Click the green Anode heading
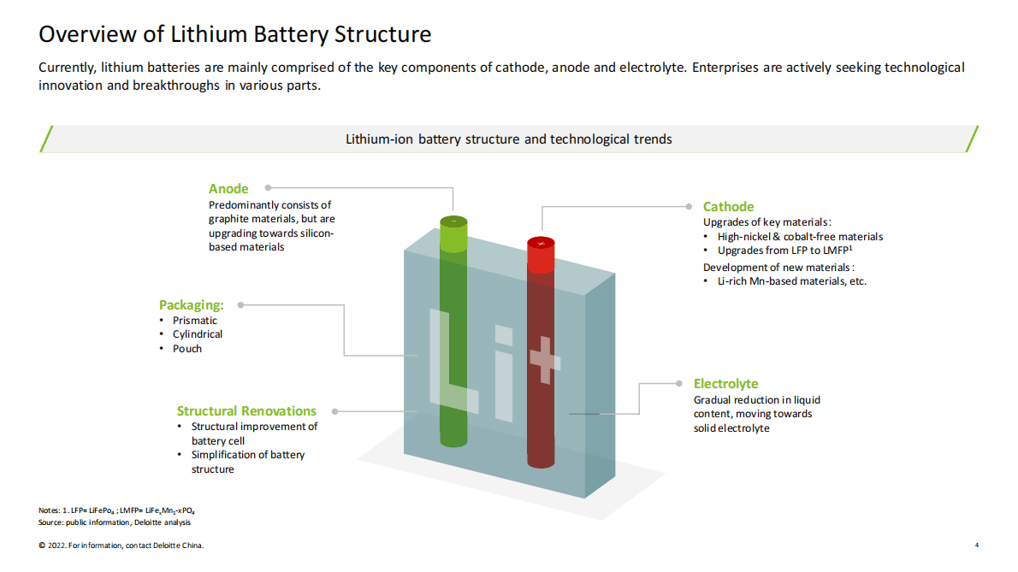click(x=228, y=189)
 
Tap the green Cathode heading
click(x=728, y=207)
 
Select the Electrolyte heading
click(x=725, y=384)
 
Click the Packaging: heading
click(x=191, y=305)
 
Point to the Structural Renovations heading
click(x=246, y=411)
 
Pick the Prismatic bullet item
click(x=194, y=321)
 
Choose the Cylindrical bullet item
click(x=197, y=334)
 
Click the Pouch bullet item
click(x=187, y=349)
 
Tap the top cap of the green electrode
click(x=454, y=223)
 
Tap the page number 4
click(x=977, y=545)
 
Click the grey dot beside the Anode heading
click(x=269, y=187)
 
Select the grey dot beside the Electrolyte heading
click(x=675, y=383)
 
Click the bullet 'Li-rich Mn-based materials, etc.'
click(x=791, y=281)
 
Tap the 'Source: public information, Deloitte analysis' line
click(x=115, y=522)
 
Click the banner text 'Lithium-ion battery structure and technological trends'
click(x=508, y=139)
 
